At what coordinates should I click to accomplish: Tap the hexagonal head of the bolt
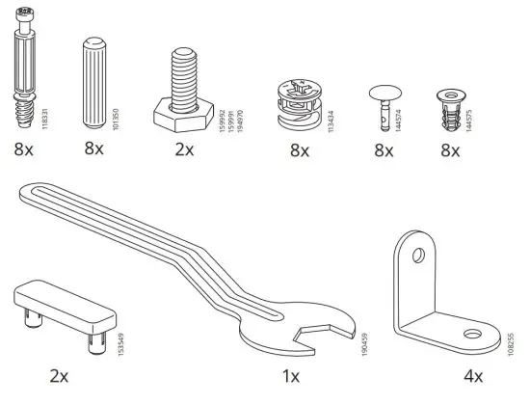click(x=183, y=119)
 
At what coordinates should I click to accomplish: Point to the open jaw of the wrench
click(x=318, y=338)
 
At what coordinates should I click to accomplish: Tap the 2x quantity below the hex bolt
click(x=183, y=150)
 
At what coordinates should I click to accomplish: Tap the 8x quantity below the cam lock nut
click(x=299, y=150)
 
